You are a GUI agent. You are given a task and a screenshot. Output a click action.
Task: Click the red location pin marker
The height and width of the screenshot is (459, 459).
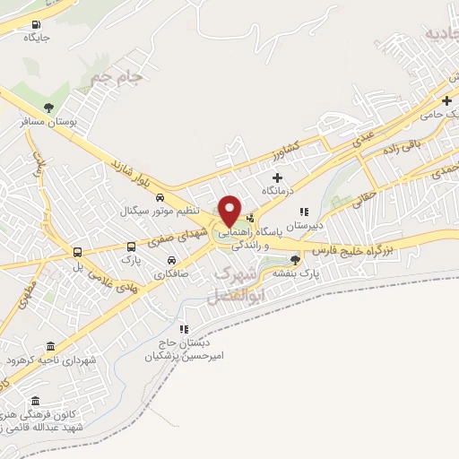pos(229,210)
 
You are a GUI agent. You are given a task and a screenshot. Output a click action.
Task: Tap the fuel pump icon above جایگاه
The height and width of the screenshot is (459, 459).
pos(35,25)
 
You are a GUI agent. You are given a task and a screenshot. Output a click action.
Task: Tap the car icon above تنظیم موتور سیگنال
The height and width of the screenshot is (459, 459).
pos(160,197)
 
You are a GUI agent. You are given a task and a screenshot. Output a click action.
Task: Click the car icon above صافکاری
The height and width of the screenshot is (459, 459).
pos(169,261)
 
